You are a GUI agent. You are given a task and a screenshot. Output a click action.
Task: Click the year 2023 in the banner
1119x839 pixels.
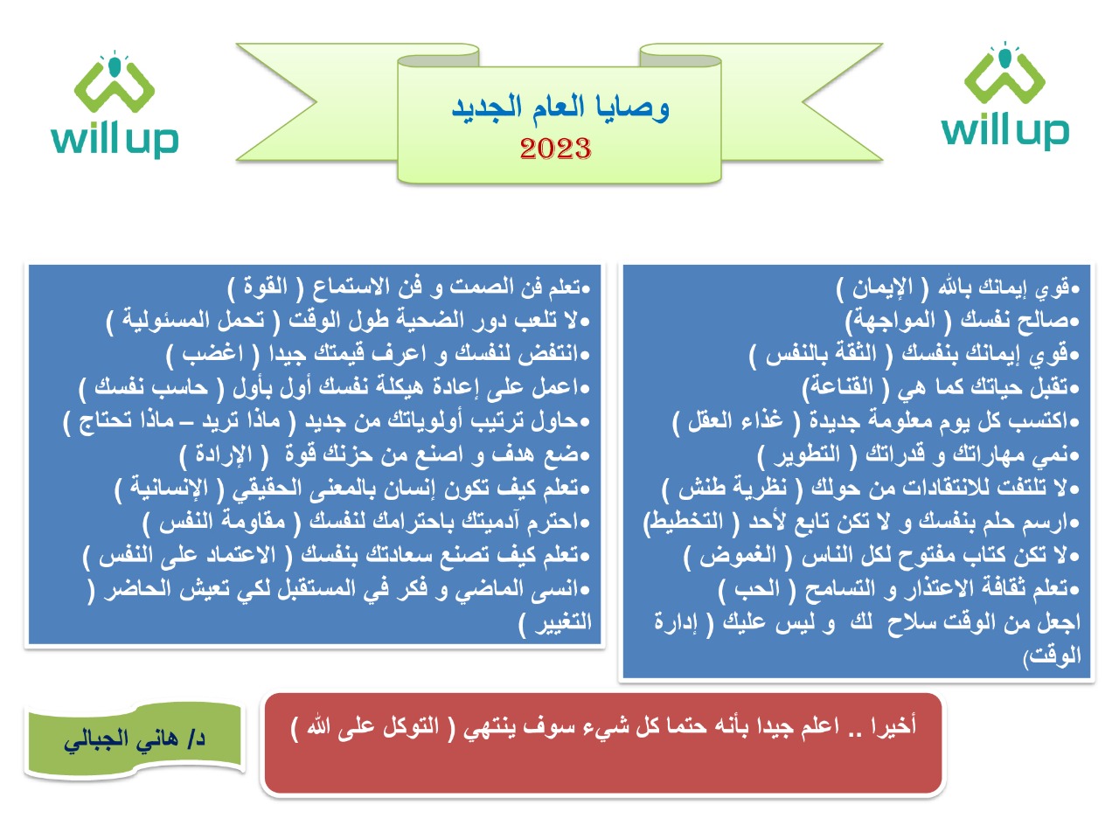(x=555, y=149)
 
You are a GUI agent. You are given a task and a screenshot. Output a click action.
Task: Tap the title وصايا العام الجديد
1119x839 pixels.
(x=560, y=108)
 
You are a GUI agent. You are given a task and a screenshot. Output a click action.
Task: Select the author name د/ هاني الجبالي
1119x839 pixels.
(x=135, y=739)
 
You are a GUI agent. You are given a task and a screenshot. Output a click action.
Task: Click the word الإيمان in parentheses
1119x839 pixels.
(x=875, y=288)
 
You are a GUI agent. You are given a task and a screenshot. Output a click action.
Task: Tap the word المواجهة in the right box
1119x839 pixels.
(x=895, y=321)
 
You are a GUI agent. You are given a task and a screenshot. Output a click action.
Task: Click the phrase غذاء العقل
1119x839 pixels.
(x=735, y=420)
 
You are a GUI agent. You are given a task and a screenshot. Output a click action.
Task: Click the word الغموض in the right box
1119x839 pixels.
(x=738, y=555)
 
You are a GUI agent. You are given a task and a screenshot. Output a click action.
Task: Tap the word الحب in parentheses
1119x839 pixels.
(x=757, y=588)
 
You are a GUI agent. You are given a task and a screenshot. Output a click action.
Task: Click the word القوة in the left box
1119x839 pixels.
(x=266, y=287)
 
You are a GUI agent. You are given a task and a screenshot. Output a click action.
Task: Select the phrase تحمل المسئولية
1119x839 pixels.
(x=193, y=320)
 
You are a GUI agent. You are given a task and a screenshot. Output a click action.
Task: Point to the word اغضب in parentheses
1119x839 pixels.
(x=213, y=354)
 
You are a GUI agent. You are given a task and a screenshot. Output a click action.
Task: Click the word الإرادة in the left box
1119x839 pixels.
(x=224, y=454)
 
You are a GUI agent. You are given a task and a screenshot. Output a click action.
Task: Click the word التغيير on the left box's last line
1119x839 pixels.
(x=563, y=622)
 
